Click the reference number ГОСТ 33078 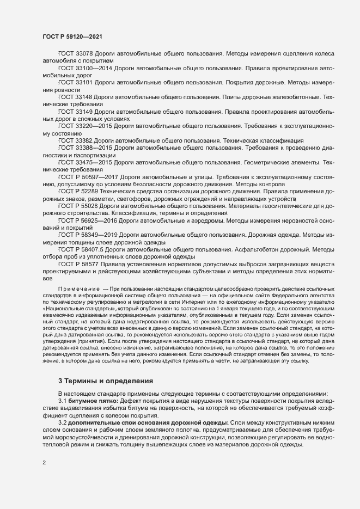pyautogui.click(x=75, y=55)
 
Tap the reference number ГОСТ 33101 pyautogui.click(x=75, y=83)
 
